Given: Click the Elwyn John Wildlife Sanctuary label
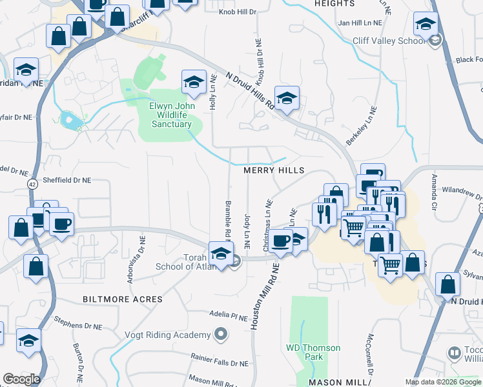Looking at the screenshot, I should [x=171, y=115].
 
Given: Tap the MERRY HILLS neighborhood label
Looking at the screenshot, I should [x=273, y=170].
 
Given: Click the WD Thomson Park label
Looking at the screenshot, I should [x=313, y=352].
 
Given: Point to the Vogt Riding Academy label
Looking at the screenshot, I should [x=167, y=335].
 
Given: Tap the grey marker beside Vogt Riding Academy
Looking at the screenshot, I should [x=221, y=334].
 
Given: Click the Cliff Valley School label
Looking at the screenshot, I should [x=389, y=40].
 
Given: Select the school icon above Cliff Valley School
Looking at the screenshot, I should [x=425, y=25].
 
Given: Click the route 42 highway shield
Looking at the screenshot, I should [x=32, y=184].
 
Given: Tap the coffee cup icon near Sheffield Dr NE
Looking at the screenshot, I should [x=62, y=224].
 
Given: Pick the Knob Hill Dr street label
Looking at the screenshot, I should [x=238, y=12].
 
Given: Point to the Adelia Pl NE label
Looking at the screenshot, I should [x=229, y=315].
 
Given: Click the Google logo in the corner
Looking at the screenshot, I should [x=21, y=379].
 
